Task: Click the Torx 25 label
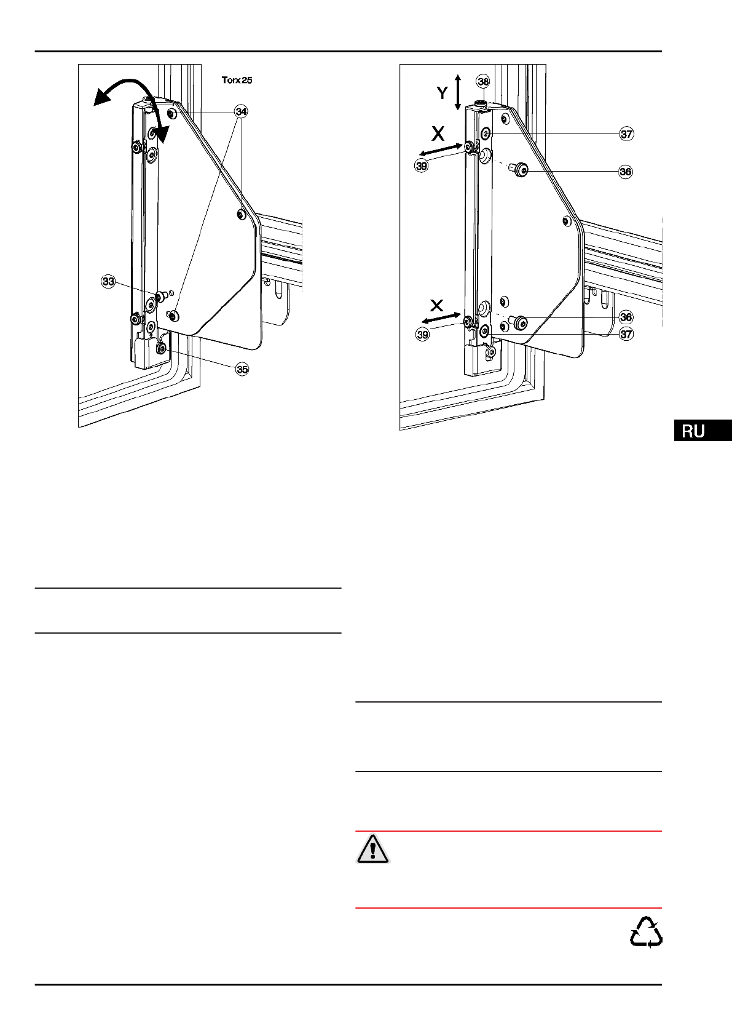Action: tap(237, 80)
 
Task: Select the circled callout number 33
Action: tap(108, 282)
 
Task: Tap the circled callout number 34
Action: tap(241, 111)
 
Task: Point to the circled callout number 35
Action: tap(242, 369)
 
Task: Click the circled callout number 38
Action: tap(483, 81)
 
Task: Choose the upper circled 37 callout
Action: tap(626, 134)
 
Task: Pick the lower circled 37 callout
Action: tap(626, 334)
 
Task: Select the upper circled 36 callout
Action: tap(625, 172)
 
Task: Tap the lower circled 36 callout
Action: tap(626, 317)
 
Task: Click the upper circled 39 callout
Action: tap(421, 165)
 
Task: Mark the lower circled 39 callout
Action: tap(422, 335)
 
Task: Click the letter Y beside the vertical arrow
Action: tap(442, 93)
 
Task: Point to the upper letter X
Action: tap(438, 133)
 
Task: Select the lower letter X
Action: tap(436, 305)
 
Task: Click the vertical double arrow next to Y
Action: tap(457, 92)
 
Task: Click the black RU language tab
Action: tap(702, 431)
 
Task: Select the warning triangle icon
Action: tap(372, 850)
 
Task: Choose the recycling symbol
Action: tap(646, 932)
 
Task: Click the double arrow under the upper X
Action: tap(441, 149)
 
